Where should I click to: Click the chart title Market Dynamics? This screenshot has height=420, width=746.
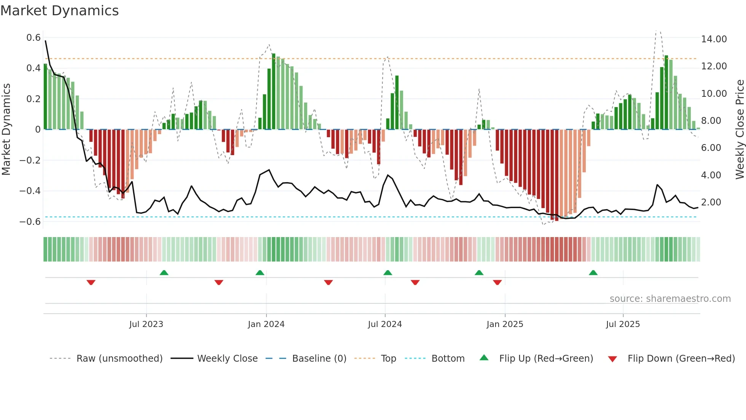coord(60,11)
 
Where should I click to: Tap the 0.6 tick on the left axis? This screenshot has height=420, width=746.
coord(33,38)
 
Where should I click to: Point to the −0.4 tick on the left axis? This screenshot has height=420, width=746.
coord(30,191)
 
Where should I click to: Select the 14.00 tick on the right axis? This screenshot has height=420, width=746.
coord(714,39)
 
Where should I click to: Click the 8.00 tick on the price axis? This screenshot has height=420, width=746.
coord(714,120)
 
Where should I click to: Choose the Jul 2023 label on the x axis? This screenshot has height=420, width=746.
coord(146,324)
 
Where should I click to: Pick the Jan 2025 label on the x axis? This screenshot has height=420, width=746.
coord(505,324)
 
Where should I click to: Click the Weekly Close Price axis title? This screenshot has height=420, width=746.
coord(740,129)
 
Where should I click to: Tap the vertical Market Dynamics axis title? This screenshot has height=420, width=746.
coord(6,129)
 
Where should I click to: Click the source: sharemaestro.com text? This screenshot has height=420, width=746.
coord(670,299)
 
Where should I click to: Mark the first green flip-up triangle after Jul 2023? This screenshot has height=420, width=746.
coord(164,273)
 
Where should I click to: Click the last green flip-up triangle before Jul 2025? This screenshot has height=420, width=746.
coord(593,273)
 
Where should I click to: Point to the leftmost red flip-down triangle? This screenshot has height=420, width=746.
coord(91,282)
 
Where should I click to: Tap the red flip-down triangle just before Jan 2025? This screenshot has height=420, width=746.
coord(497,282)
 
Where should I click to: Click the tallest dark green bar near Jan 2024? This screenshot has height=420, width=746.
coord(274,91)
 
